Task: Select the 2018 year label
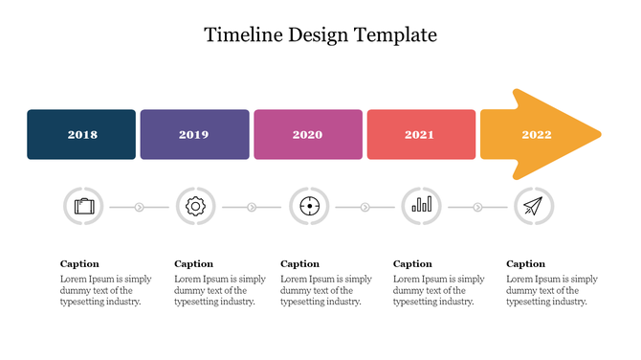(x=82, y=135)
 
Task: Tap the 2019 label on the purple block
(x=193, y=135)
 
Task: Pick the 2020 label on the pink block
(x=307, y=135)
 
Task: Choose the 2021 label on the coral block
(x=419, y=135)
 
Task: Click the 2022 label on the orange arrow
(x=536, y=135)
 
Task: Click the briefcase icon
(x=84, y=206)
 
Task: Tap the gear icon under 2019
(x=196, y=206)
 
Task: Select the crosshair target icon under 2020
(x=309, y=206)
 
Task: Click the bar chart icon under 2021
(x=421, y=206)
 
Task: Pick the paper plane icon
(x=534, y=206)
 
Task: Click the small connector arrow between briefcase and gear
(x=140, y=206)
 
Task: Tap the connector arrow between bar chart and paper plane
(x=477, y=206)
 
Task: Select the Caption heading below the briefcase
(x=79, y=264)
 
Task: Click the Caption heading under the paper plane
(x=525, y=264)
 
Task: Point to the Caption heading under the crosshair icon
(x=299, y=264)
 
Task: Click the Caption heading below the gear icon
(x=193, y=264)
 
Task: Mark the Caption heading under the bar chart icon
(x=412, y=264)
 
